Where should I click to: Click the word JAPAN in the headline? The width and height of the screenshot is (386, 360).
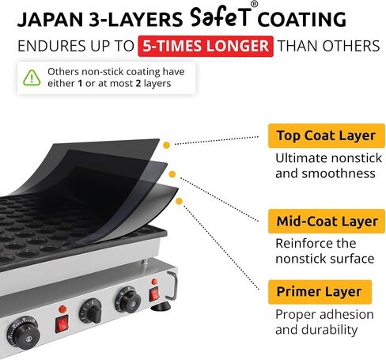tap(51, 20)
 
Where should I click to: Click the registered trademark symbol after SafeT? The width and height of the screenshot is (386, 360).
tap(254, 5)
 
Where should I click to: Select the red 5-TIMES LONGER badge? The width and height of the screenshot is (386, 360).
tap(206, 46)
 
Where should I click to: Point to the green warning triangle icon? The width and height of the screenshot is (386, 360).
tap(32, 78)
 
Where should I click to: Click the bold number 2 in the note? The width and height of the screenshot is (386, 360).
tap(138, 84)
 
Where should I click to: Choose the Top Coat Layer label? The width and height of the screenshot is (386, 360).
tap(327, 136)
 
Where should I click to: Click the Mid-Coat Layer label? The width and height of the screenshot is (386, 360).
tap(327, 222)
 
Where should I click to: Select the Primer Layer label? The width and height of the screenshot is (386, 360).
tap(320, 292)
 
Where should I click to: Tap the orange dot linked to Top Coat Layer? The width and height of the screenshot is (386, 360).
tap(166, 145)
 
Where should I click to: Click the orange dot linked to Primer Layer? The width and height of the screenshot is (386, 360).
tap(179, 202)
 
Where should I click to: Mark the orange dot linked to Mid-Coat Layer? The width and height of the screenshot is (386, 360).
tap(172, 174)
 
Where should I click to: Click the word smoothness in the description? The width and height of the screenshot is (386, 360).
tap(339, 173)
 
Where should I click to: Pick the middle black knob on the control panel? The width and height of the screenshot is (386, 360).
tap(91, 311)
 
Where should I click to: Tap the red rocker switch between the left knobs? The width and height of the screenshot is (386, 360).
tap(62, 324)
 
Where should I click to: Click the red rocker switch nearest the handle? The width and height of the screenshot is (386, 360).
tap(154, 294)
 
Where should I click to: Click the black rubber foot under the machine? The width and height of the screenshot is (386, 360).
tap(161, 307)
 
